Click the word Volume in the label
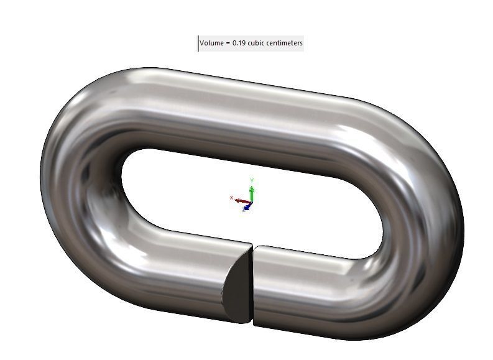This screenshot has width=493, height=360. (x=213, y=44)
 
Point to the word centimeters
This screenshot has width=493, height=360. (x=285, y=44)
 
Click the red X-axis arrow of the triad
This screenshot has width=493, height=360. (x=240, y=200)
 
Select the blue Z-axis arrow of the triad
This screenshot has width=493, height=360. (x=247, y=207)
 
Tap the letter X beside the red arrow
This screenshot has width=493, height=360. (x=232, y=198)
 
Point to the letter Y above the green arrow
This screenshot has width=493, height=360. (x=252, y=180)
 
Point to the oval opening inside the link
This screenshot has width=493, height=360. (x=187, y=187)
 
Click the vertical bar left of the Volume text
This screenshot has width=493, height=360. (x=199, y=44)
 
